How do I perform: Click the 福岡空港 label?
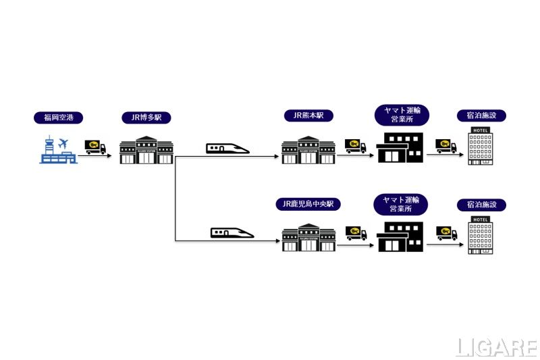click(58, 118)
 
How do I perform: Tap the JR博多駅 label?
click(146, 118)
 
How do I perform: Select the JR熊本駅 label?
click(308, 115)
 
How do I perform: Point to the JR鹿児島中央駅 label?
click(308, 203)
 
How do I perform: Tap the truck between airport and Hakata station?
click(96, 147)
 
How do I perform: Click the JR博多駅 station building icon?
click(146, 150)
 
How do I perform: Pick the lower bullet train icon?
click(232, 233)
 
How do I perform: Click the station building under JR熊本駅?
click(308, 150)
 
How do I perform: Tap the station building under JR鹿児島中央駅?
click(308, 237)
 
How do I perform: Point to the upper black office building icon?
click(400, 148)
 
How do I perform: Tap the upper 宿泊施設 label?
click(481, 115)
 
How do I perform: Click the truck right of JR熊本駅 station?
click(356, 145)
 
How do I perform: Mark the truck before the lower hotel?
click(447, 234)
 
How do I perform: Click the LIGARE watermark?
click(497, 347)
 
